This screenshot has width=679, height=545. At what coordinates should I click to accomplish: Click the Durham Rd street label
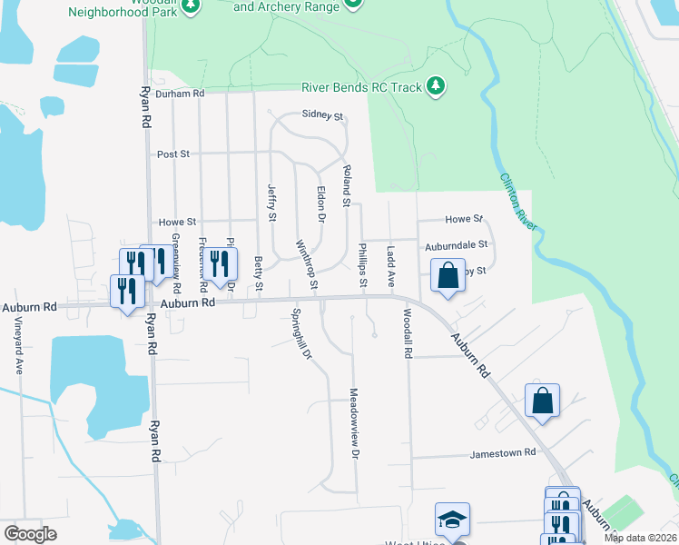pyautogui.click(x=180, y=93)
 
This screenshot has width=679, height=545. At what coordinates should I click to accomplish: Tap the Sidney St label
pyautogui.click(x=323, y=117)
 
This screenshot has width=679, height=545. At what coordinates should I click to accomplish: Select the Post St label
pyautogui.click(x=172, y=154)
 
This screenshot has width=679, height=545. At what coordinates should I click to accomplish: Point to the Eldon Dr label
pyautogui.click(x=320, y=205)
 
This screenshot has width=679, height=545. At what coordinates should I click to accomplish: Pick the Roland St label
pyautogui.click(x=346, y=185)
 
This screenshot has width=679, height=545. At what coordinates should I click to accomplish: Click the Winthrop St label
pyautogui.click(x=306, y=265)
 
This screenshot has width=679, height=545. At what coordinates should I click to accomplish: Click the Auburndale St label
pyautogui.click(x=458, y=245)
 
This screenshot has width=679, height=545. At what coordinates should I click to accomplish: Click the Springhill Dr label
pyautogui.click(x=301, y=335)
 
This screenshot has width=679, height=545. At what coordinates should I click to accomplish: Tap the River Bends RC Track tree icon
pyautogui.click(x=437, y=86)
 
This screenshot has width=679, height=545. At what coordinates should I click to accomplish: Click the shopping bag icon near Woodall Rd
pyautogui.click(x=448, y=275)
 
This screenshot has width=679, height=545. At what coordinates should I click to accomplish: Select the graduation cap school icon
pyautogui.click(x=452, y=519)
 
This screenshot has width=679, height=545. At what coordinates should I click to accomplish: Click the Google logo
pyautogui.click(x=30, y=534)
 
